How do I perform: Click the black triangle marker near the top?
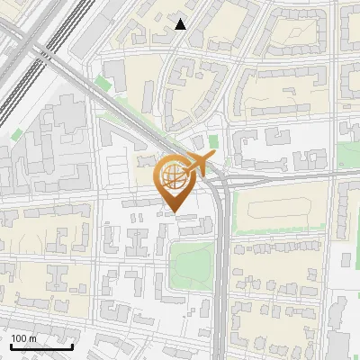(181, 24)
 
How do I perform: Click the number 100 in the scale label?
(19, 338)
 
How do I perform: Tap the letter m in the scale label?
(33, 338)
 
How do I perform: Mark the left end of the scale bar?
(10, 346)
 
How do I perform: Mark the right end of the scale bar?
(72, 346)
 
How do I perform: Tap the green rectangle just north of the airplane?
(213, 141)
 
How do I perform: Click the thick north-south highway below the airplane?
(220, 270)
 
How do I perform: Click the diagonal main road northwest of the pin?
(117, 108)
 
